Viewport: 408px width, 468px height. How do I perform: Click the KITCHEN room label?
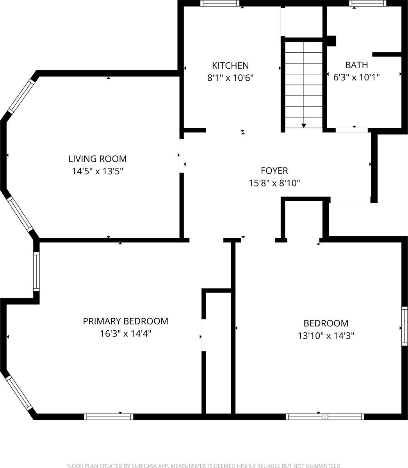click(x=230, y=65)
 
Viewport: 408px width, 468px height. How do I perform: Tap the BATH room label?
click(x=356, y=65)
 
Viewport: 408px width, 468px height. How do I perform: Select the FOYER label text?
click(x=274, y=170)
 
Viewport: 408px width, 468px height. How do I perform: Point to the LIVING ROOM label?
click(x=97, y=159)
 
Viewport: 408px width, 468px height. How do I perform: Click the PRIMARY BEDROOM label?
click(x=125, y=321)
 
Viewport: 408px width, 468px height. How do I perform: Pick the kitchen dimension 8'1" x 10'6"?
click(x=230, y=78)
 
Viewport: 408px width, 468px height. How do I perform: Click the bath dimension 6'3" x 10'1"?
click(x=356, y=77)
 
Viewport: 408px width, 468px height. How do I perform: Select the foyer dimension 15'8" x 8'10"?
click(x=274, y=183)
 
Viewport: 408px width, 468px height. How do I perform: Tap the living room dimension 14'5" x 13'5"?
click(x=97, y=171)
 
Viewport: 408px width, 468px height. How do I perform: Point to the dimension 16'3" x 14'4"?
click(x=125, y=333)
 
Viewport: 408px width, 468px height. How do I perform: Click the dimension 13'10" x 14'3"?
click(x=326, y=335)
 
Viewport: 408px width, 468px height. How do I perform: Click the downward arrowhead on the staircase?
click(x=304, y=125)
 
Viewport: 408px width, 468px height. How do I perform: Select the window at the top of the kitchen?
click(x=220, y=3)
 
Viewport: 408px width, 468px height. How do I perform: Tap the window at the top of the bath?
click(x=367, y=3)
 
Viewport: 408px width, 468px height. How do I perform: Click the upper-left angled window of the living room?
click(x=22, y=96)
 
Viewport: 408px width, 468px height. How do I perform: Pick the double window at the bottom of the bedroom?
click(x=325, y=417)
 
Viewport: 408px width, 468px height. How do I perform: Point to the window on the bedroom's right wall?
click(x=405, y=326)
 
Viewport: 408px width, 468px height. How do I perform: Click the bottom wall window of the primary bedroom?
click(x=109, y=417)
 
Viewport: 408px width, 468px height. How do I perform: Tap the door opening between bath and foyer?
click(x=351, y=130)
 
